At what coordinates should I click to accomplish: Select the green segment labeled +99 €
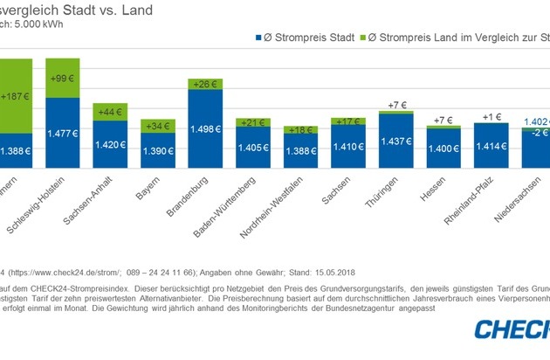coord(62,78)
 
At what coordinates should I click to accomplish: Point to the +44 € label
coord(110,112)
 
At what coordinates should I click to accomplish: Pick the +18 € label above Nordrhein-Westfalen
coord(299,130)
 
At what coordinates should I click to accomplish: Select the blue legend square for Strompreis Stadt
coord(258,38)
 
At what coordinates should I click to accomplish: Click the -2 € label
coord(540,133)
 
